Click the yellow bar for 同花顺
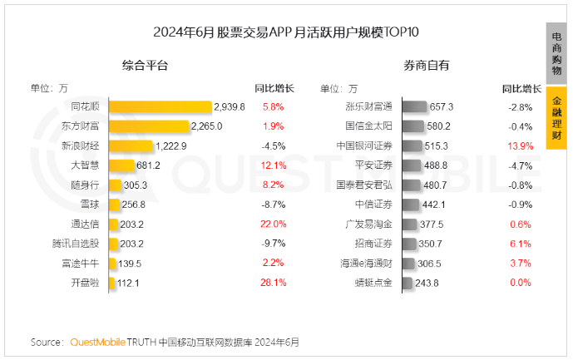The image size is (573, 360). click(x=161, y=106)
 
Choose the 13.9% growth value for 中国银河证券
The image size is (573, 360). click(x=521, y=145)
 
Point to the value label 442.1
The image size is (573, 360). click(x=435, y=205)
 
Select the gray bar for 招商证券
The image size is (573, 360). click(x=410, y=244)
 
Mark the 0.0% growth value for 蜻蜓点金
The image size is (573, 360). click(x=521, y=283)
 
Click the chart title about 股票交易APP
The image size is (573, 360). click(x=286, y=32)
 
